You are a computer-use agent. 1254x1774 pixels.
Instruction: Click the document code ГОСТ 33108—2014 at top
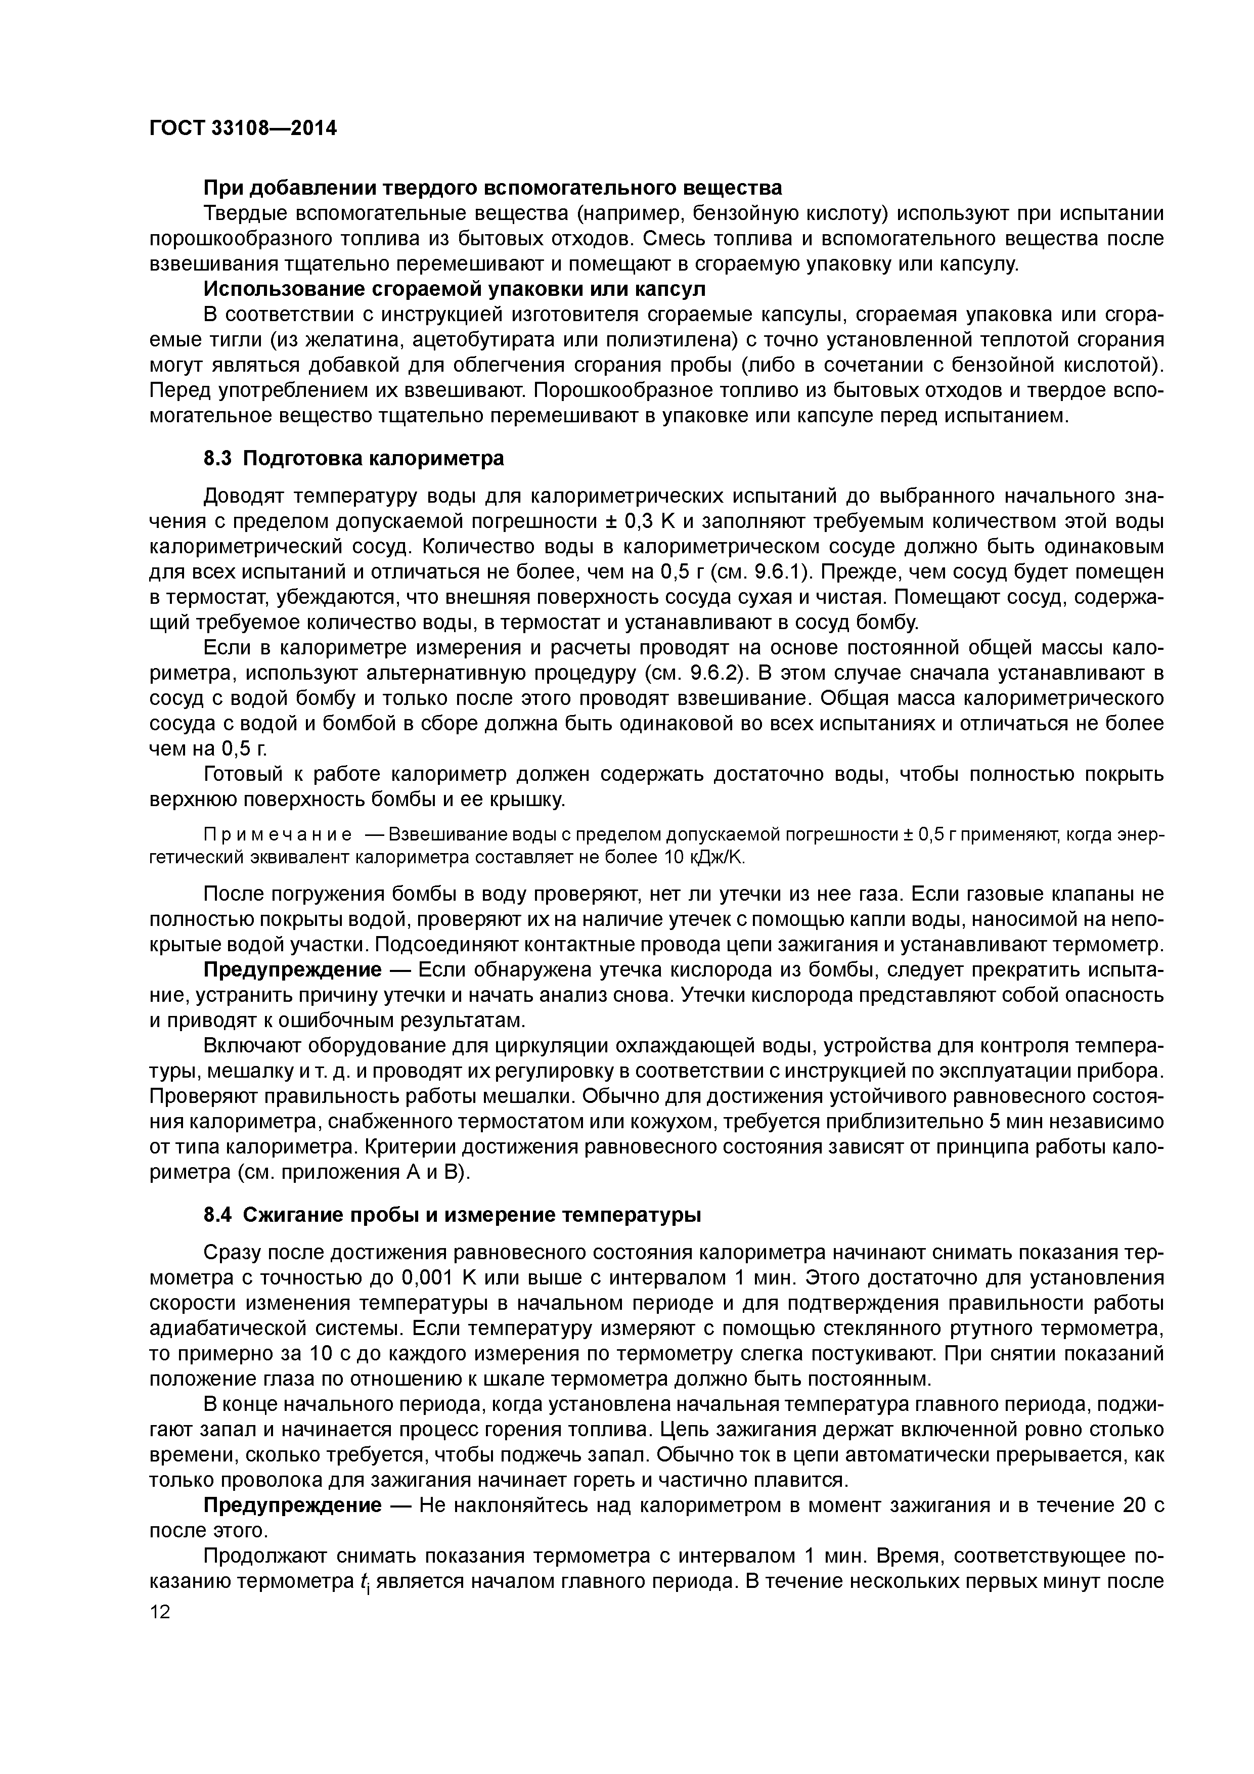[x=243, y=128]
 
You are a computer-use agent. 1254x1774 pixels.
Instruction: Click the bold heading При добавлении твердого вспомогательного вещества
[x=492, y=188]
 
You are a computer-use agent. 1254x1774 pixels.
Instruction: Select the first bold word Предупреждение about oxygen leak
[x=292, y=969]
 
